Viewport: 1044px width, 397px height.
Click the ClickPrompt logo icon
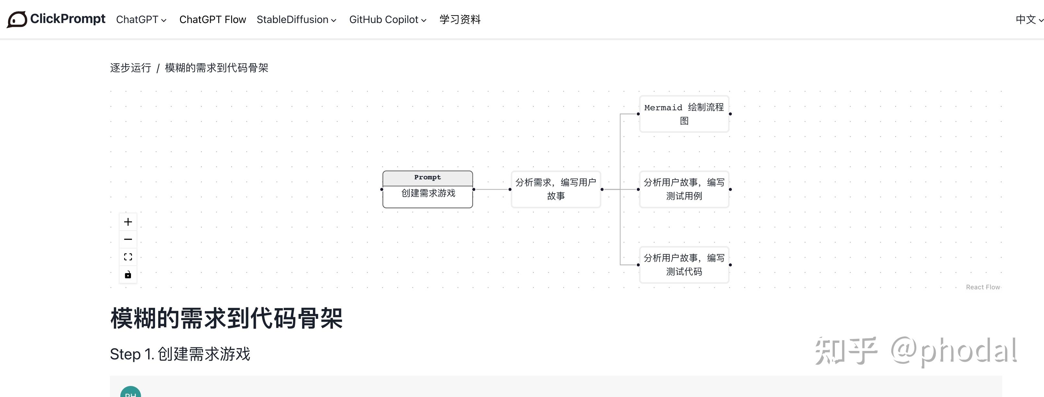tap(17, 19)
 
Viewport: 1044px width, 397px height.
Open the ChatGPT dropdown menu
tap(141, 19)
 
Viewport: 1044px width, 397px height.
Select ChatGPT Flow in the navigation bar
tap(212, 19)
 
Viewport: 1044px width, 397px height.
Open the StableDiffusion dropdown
tap(296, 19)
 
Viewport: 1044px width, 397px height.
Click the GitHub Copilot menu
tap(387, 19)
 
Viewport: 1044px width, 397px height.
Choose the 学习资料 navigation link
tap(460, 19)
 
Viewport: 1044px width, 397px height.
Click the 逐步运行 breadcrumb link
tap(130, 68)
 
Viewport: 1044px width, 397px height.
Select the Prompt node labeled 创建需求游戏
tap(428, 189)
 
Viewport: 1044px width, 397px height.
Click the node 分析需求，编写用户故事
tap(556, 189)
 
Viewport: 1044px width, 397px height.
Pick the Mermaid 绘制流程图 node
tap(684, 114)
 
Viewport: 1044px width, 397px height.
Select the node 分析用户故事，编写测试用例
tap(684, 189)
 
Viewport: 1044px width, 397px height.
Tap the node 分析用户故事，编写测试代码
tap(684, 265)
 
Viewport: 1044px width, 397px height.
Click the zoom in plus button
tap(128, 222)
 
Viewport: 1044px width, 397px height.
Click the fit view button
tap(128, 257)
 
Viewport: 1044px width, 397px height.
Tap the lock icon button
tap(128, 274)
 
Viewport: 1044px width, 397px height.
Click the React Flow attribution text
tap(983, 287)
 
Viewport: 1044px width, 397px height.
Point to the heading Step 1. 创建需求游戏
tap(180, 354)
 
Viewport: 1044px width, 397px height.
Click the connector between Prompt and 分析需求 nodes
tap(492, 189)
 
